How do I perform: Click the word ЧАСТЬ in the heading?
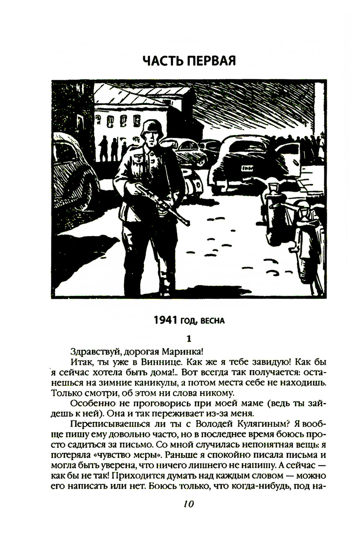(163, 61)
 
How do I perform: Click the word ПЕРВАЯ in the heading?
(211, 61)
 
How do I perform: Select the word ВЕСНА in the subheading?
(212, 321)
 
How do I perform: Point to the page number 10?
(188, 504)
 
